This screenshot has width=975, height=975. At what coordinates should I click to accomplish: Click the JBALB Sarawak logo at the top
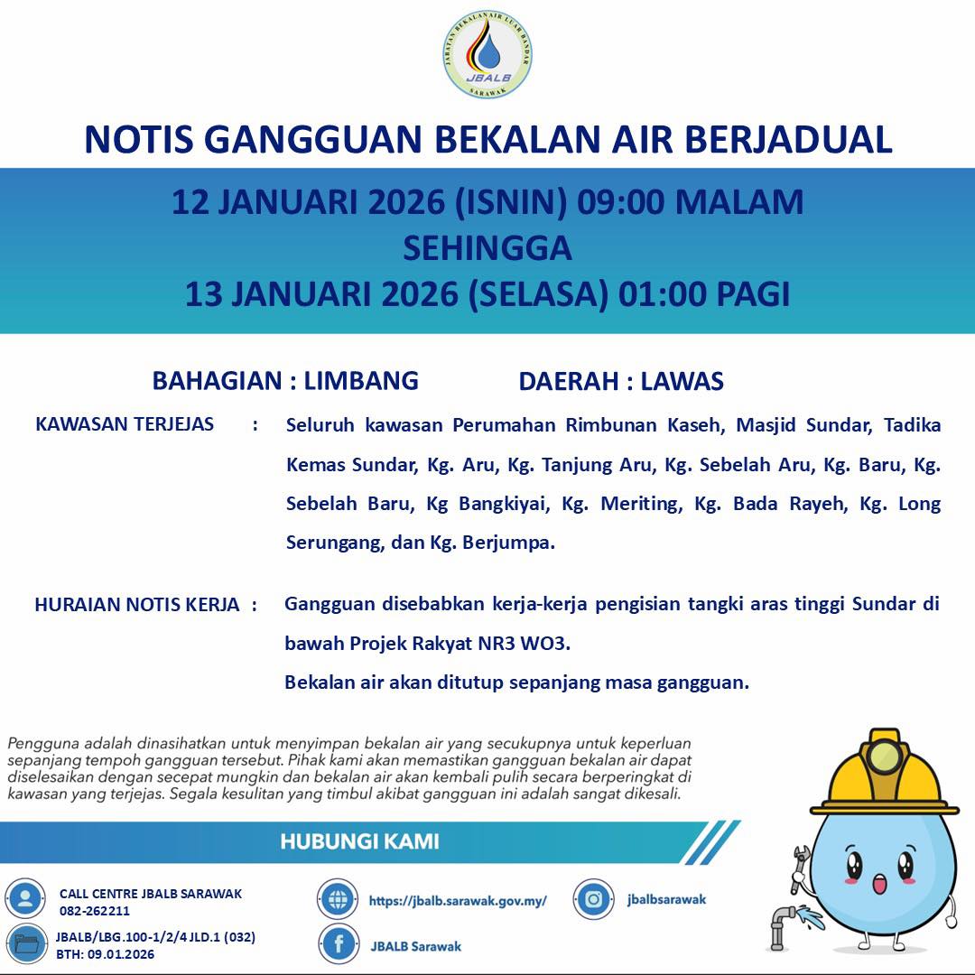coord(487,54)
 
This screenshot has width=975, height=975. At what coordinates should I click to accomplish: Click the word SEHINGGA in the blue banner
coord(487,248)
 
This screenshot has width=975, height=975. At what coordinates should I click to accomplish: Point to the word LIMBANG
coord(361,381)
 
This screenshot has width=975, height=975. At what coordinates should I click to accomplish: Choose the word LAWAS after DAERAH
coord(682,381)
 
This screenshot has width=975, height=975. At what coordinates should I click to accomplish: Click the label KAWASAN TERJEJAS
coord(125,424)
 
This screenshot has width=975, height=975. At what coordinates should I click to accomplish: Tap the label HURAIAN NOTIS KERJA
coord(137,605)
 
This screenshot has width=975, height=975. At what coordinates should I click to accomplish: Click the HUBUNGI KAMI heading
coord(359,841)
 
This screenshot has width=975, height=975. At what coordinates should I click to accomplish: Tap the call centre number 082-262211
coord(95,911)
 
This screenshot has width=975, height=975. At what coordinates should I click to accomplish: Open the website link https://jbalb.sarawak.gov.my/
coord(458,900)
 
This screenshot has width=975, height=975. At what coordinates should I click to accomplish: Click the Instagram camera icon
coord(594,899)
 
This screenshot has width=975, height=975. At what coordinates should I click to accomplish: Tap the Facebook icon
coord(339,944)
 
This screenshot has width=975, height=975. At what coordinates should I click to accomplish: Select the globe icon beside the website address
coord(339,899)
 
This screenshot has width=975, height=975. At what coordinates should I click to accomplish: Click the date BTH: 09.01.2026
coord(106,953)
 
